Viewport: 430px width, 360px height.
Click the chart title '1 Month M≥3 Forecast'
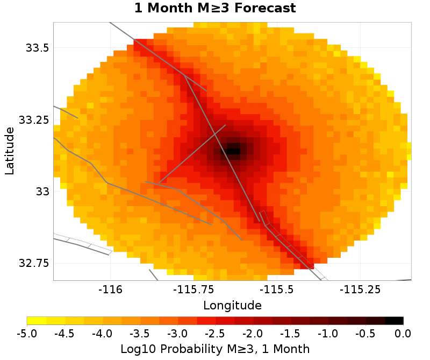point(214,9)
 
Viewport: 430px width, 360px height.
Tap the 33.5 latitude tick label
point(38,48)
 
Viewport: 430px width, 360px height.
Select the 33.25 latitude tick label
point(34,119)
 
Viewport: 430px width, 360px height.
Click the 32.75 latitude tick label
point(34,263)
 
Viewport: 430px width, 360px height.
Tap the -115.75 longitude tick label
point(192,290)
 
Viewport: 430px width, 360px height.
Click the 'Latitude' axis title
point(9,151)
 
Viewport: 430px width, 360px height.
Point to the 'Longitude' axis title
point(232,306)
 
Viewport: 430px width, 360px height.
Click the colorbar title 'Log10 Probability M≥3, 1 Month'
point(215,349)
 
